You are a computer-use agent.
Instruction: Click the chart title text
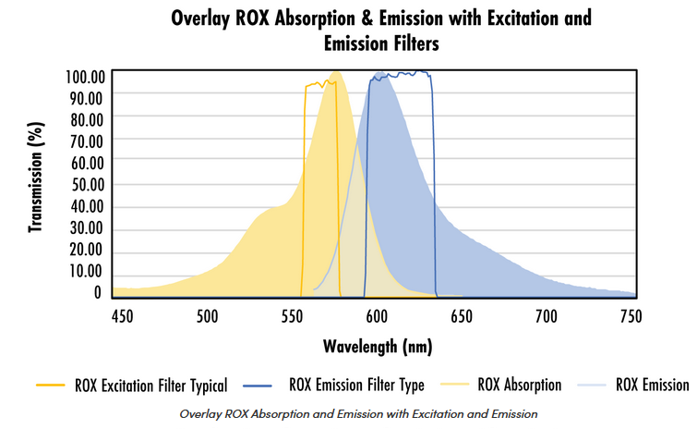pos(381,30)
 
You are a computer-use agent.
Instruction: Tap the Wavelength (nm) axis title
pos(378,347)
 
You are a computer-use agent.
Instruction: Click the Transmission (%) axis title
pos(36,181)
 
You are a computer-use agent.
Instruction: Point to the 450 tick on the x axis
pos(122,316)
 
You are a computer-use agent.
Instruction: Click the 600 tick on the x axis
pos(377,316)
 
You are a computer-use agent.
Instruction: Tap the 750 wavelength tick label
pos(631,316)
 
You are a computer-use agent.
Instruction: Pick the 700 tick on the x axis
pos(547,316)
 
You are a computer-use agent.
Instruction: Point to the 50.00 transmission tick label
pos(85,184)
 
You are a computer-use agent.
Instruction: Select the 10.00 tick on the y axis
pos(85,271)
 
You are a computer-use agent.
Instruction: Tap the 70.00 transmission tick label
pos(85,141)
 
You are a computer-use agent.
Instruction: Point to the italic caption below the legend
pos(358,412)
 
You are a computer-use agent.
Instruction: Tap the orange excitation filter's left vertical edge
pos(304,185)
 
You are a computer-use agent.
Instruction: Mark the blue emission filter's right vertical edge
pos(434,185)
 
